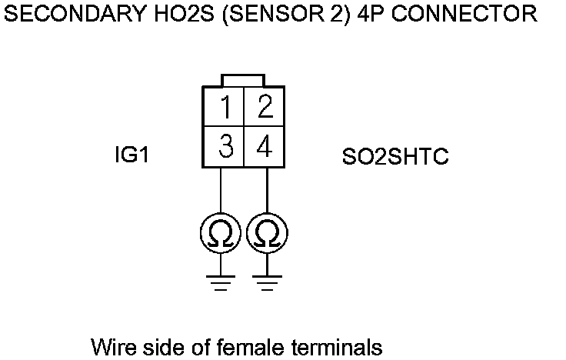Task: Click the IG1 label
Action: (130, 156)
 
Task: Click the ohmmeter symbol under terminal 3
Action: (221, 232)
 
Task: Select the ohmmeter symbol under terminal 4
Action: (267, 232)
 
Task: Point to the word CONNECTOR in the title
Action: (471, 14)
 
